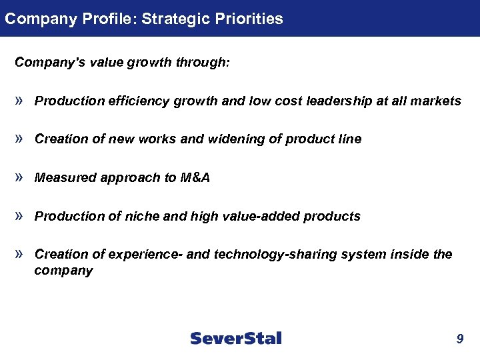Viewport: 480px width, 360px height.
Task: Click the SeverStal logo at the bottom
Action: pyautogui.click(x=236, y=338)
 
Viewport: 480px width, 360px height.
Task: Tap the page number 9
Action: pyautogui.click(x=459, y=339)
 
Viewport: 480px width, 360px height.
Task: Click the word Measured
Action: pyautogui.click(x=61, y=178)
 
